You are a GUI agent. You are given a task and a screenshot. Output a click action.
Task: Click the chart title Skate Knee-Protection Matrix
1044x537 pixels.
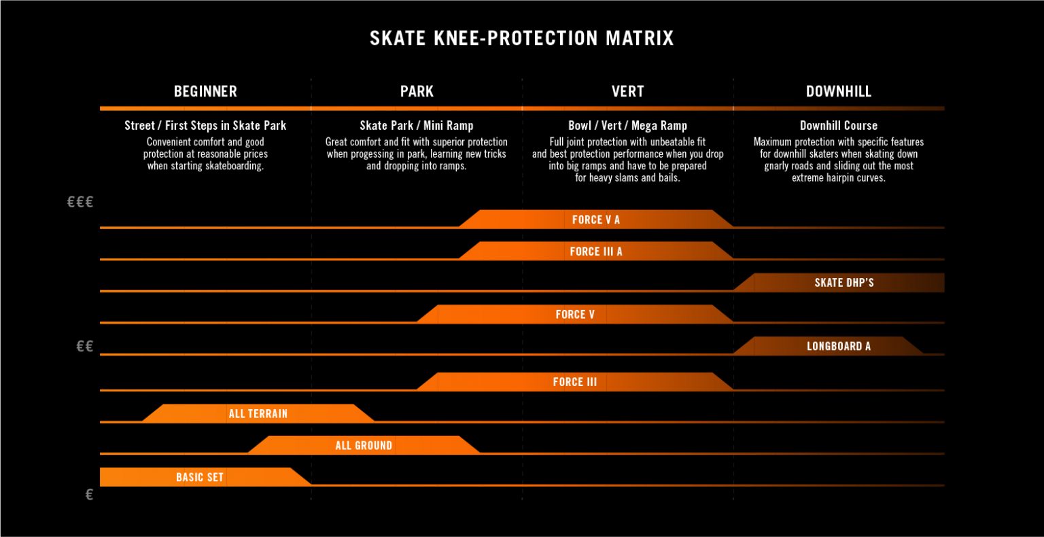[x=521, y=38]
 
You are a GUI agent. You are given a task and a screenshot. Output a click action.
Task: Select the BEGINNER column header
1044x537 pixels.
[x=205, y=91]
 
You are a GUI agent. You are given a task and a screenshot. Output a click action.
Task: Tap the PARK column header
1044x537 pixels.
[x=417, y=91]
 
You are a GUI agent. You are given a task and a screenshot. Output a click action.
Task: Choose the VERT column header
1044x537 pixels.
[x=627, y=91]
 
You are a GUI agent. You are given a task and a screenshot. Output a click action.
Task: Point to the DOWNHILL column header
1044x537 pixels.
[x=839, y=91]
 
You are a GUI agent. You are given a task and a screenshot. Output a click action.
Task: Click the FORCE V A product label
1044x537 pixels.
[x=596, y=220]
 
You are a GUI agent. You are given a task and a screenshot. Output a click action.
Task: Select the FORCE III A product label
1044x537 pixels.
[x=596, y=252]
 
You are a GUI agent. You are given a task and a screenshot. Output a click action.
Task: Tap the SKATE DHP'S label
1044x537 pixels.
[x=844, y=283]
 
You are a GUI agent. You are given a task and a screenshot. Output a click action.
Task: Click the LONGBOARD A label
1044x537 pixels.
[x=839, y=346]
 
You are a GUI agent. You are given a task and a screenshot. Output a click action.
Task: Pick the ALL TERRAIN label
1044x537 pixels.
[x=258, y=413]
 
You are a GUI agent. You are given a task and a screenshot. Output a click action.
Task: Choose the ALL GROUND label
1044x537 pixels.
[x=364, y=445]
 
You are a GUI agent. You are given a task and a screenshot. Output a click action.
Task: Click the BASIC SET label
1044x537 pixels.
[x=200, y=477]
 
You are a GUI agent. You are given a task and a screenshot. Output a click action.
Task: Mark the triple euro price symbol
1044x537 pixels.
[x=80, y=202]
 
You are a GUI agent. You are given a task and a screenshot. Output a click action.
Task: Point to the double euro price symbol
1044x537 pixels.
[x=85, y=347]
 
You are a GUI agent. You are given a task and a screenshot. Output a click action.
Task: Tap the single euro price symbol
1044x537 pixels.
[x=89, y=495]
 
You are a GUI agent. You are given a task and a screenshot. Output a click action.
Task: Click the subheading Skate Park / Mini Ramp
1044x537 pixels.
[x=417, y=126]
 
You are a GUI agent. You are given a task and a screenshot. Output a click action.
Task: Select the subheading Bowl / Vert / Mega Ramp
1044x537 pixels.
[x=627, y=126]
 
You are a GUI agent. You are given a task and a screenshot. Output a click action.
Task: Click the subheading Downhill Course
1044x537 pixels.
[x=839, y=126]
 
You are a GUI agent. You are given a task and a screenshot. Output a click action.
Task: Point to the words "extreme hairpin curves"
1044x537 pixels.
[x=839, y=178]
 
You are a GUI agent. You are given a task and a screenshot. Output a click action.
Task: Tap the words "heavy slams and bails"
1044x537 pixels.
[x=638, y=178]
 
